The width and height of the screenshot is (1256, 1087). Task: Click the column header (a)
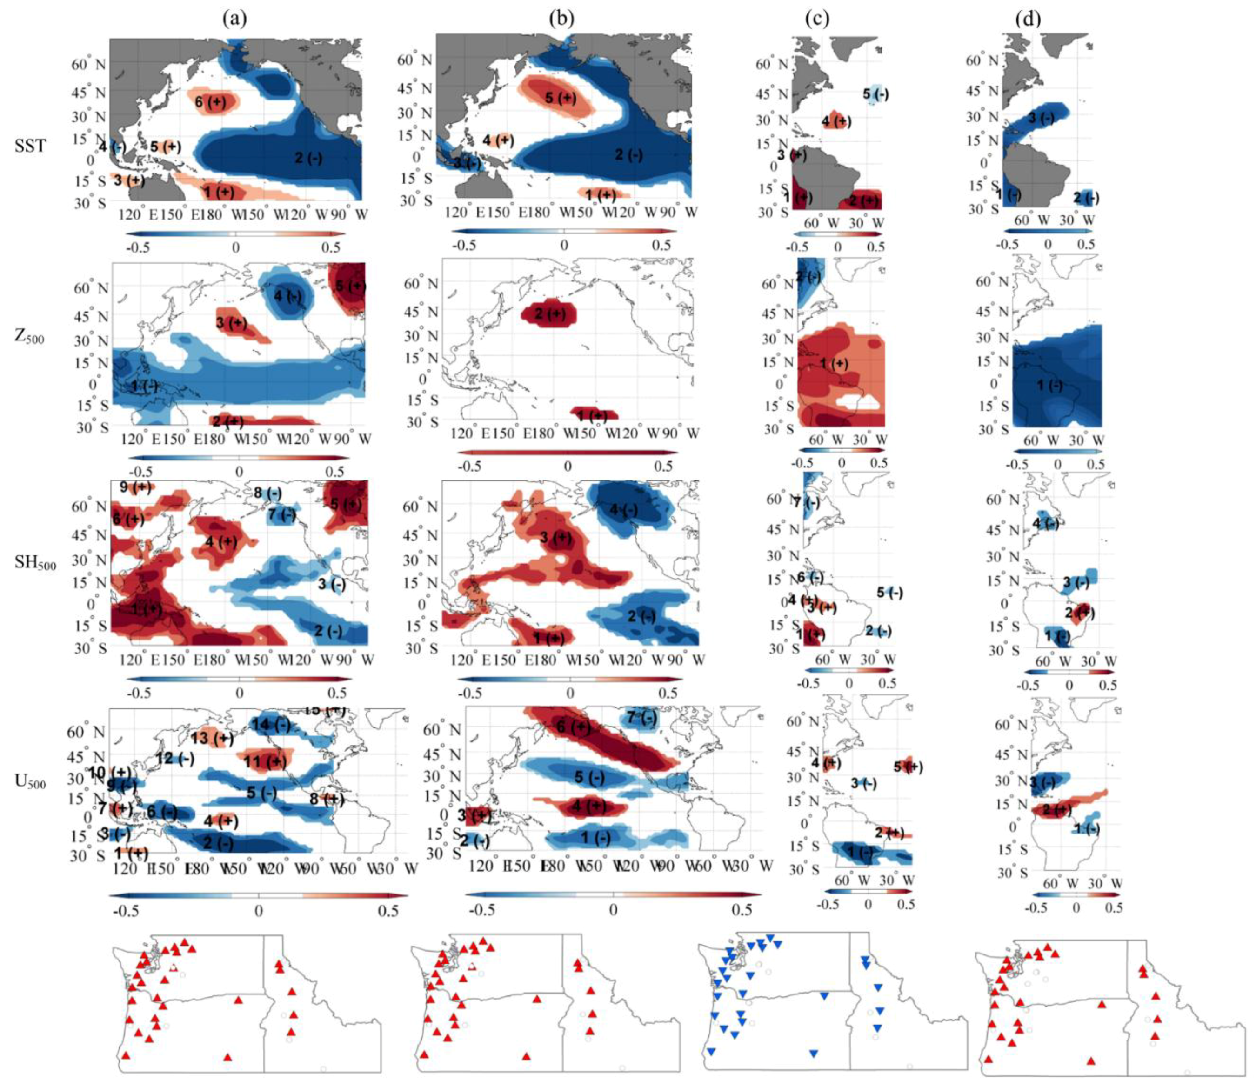(234, 20)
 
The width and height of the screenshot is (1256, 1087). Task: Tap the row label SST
(30, 145)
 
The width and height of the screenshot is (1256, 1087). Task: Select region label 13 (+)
(212, 738)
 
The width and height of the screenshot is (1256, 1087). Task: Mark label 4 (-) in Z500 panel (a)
(287, 297)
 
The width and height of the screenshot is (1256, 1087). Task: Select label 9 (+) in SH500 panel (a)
(135, 487)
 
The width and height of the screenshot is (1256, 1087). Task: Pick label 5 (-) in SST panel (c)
(875, 94)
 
